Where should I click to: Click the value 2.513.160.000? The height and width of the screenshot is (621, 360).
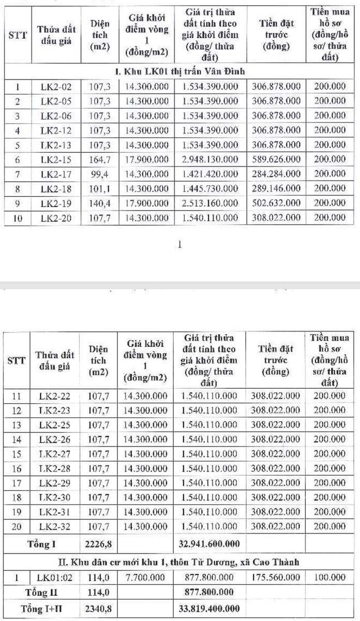209,203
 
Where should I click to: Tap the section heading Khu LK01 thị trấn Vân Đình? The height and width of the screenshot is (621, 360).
180,71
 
